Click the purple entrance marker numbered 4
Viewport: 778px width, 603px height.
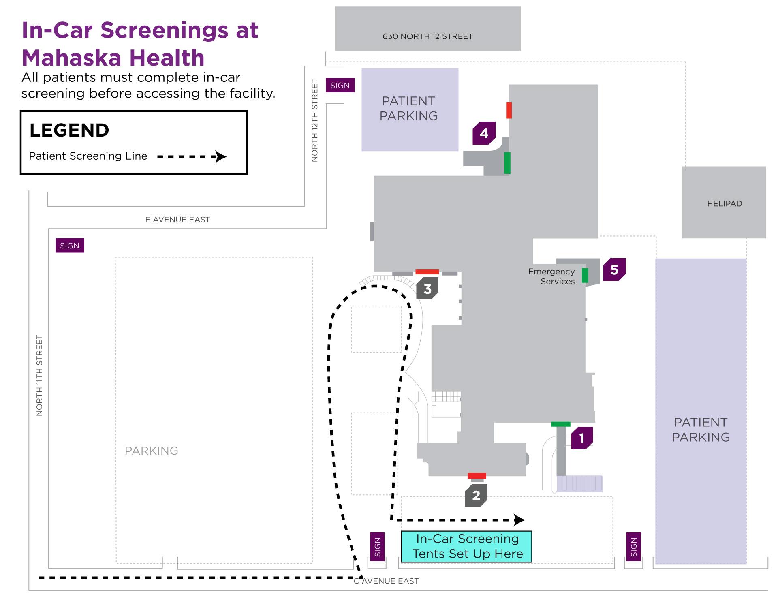pos(484,133)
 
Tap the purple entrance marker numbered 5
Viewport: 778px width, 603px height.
pos(614,269)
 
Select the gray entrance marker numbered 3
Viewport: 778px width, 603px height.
pos(427,289)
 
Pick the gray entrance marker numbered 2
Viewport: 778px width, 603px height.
pos(476,495)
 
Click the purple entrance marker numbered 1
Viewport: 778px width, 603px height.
pos(582,438)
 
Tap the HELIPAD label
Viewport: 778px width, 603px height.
pos(724,204)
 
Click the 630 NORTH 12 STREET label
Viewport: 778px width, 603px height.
pos(427,36)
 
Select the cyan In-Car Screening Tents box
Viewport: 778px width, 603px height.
pos(466,546)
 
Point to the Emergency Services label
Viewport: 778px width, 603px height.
pos(552,276)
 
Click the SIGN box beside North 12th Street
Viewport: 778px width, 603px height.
pos(340,86)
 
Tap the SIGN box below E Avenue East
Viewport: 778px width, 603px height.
pos(70,246)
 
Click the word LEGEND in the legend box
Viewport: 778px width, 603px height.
pos(69,130)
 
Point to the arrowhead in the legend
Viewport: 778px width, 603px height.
pos(220,156)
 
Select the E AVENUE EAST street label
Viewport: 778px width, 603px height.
pos(177,220)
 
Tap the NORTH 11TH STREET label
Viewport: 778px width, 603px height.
pos(39,375)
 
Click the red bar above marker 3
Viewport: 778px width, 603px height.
pos(427,272)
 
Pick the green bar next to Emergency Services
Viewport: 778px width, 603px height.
pos(585,276)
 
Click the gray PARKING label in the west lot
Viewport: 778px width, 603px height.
pos(151,451)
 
